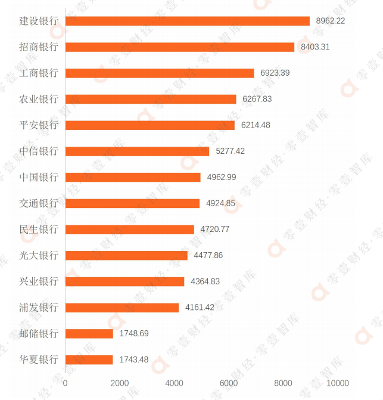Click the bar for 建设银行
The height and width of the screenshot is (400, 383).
187,21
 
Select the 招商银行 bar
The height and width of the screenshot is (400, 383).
179,47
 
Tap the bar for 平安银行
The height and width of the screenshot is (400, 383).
150,125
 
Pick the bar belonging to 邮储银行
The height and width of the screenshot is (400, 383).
89,334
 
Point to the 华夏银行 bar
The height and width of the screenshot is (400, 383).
89,359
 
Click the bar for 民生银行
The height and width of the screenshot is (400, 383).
129,230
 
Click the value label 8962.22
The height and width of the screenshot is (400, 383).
331,21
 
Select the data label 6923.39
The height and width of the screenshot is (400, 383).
275,73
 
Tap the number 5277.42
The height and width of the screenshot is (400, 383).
230,151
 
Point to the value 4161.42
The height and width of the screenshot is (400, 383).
200,308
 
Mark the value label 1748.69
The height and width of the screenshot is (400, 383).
134,334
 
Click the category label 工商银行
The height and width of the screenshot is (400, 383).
39,73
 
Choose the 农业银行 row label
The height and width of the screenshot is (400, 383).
39,99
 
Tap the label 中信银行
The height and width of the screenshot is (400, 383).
39,151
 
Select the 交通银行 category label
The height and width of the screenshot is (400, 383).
39,203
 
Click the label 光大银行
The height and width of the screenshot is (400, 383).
39,256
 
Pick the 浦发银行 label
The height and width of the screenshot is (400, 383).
39,308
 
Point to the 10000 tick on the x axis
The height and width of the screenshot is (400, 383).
338,383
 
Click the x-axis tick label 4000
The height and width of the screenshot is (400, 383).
174,383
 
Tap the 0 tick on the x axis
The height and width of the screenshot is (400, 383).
65,383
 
